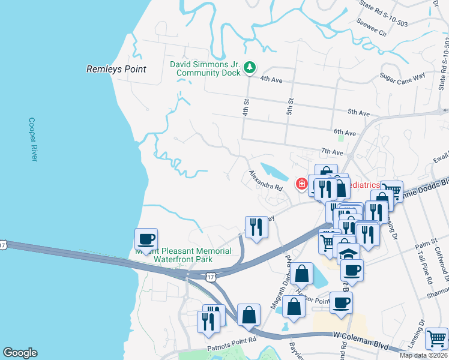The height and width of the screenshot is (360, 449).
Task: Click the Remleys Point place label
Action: pyautogui.click(x=116, y=69)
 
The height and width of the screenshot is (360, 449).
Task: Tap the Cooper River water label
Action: pyautogui.click(x=33, y=139)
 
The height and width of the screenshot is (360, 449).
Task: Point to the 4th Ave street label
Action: pyautogui.click(x=271, y=79)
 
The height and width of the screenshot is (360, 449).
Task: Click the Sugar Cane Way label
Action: pyautogui.click(x=402, y=76)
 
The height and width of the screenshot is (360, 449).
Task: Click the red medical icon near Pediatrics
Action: pyautogui.click(x=301, y=183)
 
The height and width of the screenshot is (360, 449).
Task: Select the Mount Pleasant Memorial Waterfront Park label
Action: pyautogui.click(x=183, y=255)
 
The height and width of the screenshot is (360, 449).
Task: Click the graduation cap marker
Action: pyautogui.click(x=348, y=253)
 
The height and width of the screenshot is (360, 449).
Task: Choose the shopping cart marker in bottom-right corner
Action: pyautogui.click(x=436, y=338)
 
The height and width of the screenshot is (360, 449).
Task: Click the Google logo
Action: pyautogui.click(x=20, y=353)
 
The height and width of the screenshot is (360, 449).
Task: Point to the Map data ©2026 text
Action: pyautogui.click(x=423, y=355)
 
